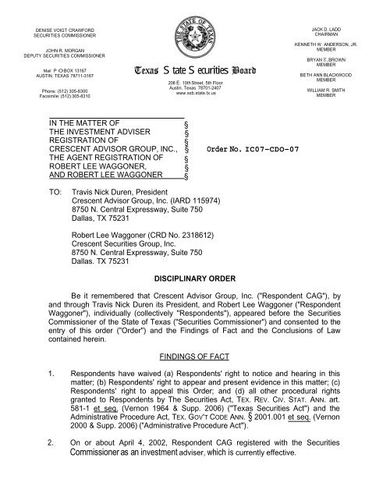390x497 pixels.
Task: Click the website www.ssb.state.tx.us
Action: pyautogui.click(x=195, y=94)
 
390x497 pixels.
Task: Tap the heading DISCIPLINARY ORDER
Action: pyautogui.click(x=195, y=279)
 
